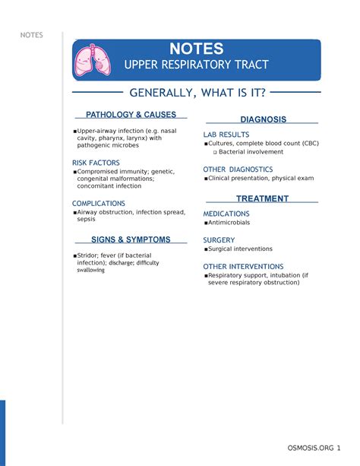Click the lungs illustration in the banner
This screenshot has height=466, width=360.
tap(91, 60)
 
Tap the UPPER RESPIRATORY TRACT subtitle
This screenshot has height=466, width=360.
tap(196, 65)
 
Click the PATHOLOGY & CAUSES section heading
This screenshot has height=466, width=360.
tap(131, 115)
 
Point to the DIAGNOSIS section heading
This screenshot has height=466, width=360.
tap(263, 120)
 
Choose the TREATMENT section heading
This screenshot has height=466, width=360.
tap(263, 198)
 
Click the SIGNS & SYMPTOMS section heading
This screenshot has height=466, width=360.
tap(131, 239)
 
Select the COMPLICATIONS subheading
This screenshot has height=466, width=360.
tap(99, 204)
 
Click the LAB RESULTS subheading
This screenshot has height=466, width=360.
tap(226, 135)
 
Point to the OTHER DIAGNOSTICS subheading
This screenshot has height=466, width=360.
tap(238, 170)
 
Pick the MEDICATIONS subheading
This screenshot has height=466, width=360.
tap(226, 214)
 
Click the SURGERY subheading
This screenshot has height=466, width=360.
tap(219, 240)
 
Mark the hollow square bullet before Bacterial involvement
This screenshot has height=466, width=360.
tap(215, 152)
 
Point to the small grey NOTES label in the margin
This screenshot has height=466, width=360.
tap(33, 35)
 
